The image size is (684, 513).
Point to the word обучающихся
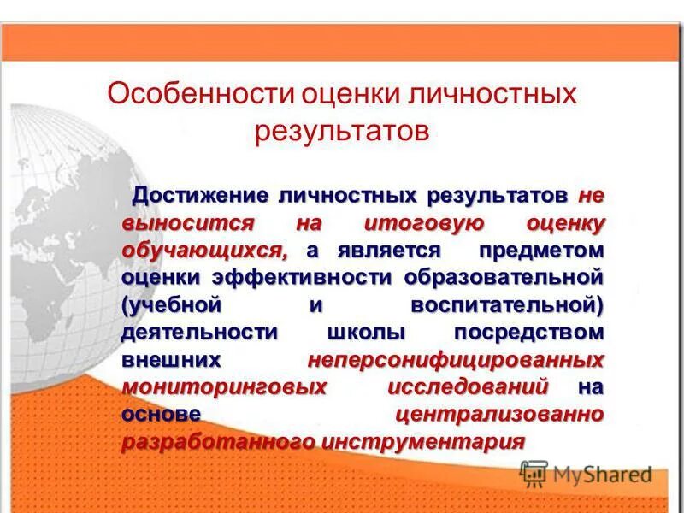tap(204, 251)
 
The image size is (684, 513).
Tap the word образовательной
tap(504, 278)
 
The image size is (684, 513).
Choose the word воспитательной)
tap(508, 305)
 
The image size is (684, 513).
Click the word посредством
tap(529, 333)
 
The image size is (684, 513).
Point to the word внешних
tap(172, 360)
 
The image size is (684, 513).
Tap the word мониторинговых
tap(224, 387)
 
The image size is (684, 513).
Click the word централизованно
tap(500, 415)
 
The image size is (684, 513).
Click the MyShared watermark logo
tap(587, 473)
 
